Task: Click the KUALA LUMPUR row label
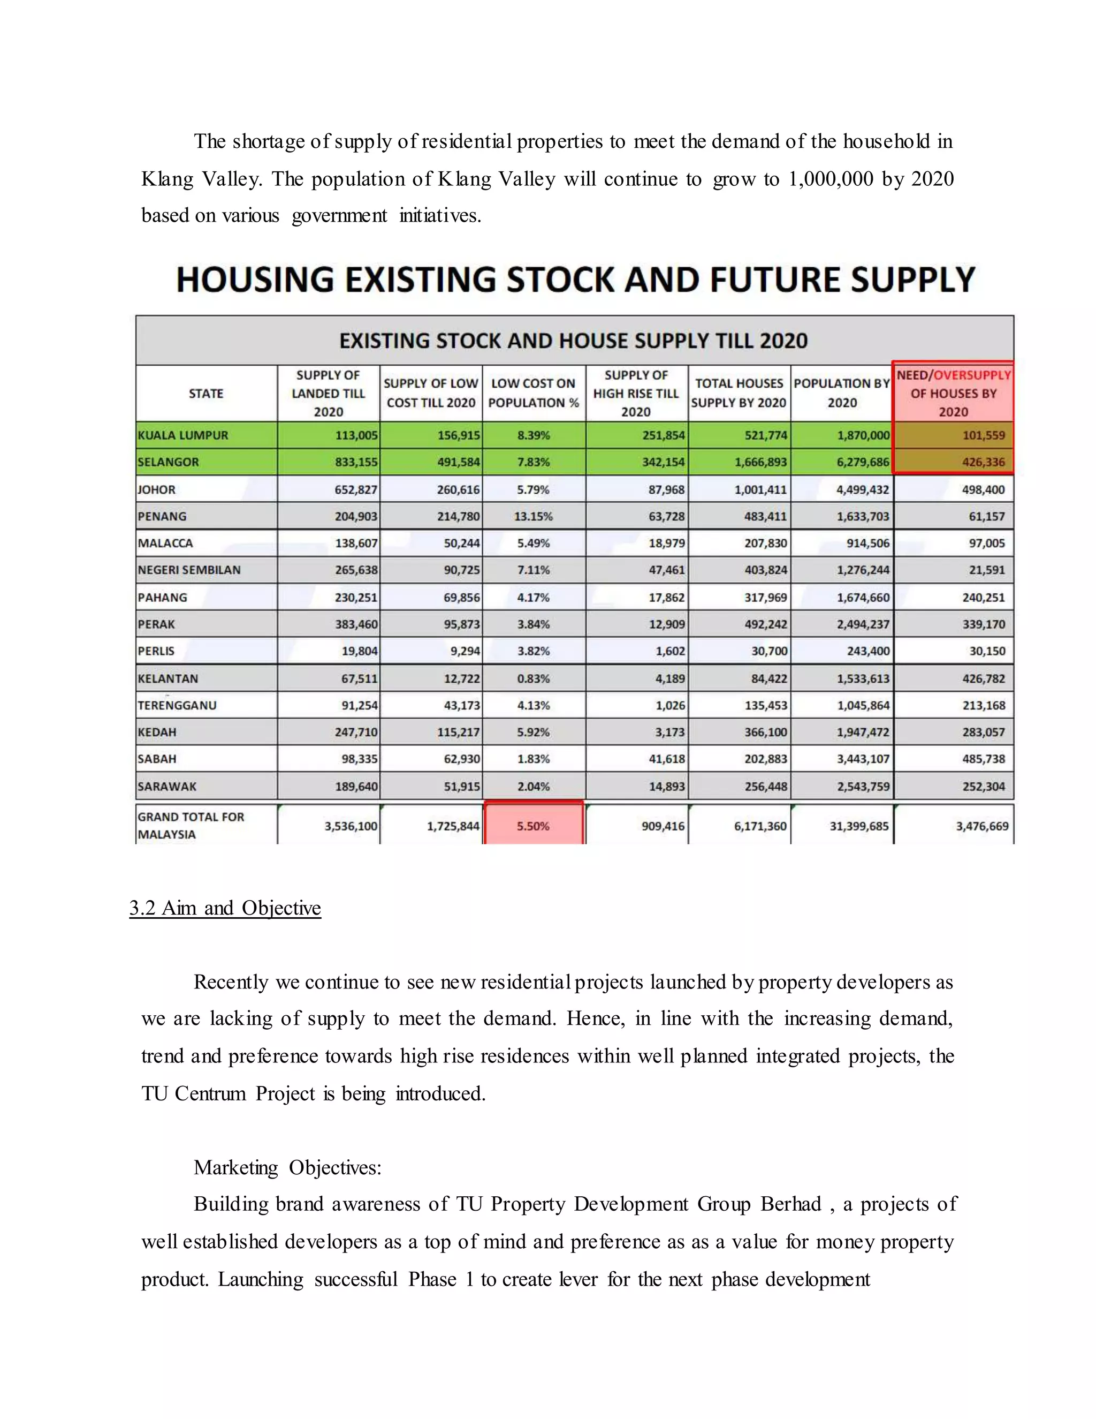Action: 182,435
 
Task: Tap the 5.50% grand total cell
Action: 533,826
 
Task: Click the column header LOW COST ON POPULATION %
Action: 533,393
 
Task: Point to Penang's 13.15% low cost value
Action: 533,517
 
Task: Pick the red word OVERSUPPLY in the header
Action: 972,375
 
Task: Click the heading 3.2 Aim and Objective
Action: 225,908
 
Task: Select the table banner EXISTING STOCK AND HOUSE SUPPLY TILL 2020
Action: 573,341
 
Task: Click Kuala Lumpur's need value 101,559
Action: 983,435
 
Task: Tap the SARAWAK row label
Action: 167,786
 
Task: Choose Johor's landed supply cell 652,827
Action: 356,489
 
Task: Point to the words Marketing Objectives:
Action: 287,1167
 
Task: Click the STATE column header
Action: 206,393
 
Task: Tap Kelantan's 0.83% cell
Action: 533,678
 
